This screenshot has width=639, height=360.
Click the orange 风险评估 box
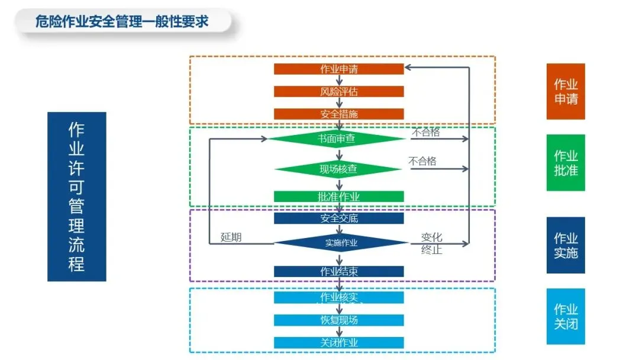338,92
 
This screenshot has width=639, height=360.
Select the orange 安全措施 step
338,114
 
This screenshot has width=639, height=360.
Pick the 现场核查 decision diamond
338,169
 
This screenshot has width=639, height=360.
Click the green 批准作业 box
338,197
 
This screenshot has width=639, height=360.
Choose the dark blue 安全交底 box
338,218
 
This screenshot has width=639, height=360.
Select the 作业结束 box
338,271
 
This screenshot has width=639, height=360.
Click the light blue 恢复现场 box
338,320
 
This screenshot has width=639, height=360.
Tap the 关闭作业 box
338,342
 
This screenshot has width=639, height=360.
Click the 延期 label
231,237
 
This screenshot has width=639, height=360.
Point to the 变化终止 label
431,243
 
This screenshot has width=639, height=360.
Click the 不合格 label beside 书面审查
425,132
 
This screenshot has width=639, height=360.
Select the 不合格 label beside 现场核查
422,161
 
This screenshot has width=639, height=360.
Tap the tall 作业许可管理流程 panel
76,197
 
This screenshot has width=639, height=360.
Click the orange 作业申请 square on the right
566,91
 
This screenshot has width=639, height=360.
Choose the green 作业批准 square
566,163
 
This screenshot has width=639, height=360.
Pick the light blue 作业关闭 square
566,316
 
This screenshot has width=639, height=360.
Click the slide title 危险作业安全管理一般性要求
122,22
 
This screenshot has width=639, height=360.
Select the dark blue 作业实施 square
566,245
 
